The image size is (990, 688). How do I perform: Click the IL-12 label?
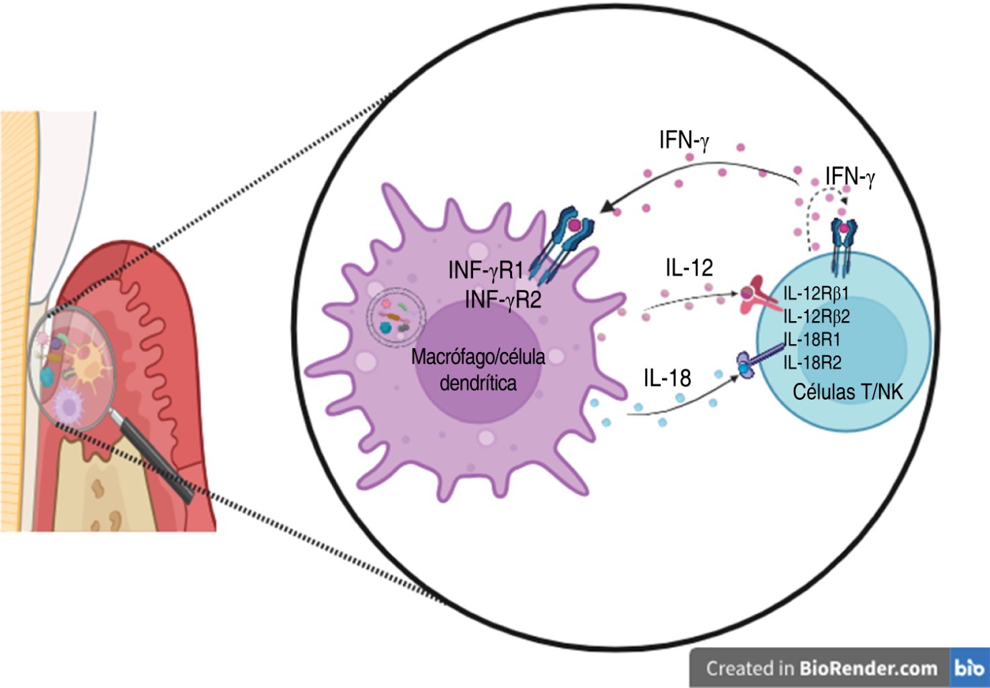point(689,267)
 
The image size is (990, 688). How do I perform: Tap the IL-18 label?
point(667,378)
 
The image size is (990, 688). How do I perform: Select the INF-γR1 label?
point(485,270)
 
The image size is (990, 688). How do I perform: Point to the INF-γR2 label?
point(503,299)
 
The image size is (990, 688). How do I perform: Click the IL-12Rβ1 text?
point(816,294)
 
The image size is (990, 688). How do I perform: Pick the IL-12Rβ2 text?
point(817,316)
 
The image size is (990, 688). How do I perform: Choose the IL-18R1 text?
point(812,339)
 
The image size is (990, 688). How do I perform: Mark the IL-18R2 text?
point(813,363)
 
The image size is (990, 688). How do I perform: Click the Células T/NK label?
point(848,392)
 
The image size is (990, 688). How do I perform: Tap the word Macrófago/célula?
point(478,356)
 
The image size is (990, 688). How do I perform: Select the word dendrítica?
point(478,383)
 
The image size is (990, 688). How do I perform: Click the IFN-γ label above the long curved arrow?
point(684,140)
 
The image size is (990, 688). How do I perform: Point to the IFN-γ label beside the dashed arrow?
point(850,177)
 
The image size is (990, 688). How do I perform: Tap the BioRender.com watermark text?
point(868,669)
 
